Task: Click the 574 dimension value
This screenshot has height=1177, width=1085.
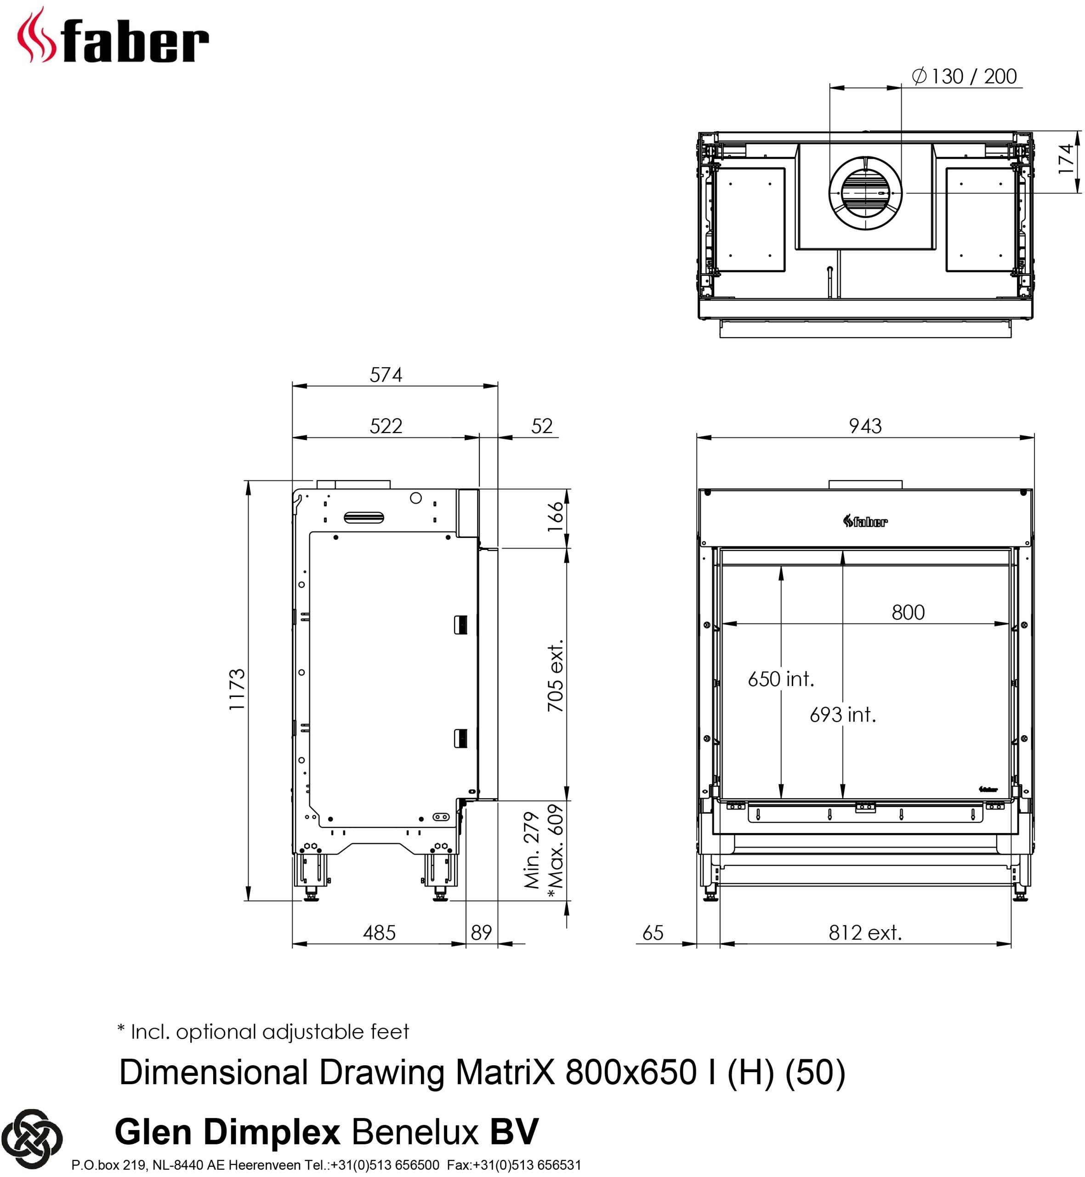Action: click(x=386, y=375)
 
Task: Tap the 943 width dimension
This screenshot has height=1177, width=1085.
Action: click(x=865, y=426)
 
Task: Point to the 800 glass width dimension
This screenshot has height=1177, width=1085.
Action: click(x=908, y=612)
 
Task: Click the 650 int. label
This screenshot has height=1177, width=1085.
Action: click(x=781, y=679)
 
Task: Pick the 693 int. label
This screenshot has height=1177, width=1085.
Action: click(x=842, y=715)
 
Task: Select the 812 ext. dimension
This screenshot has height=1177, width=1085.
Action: click(x=865, y=933)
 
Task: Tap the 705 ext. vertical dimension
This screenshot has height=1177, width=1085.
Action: click(x=555, y=675)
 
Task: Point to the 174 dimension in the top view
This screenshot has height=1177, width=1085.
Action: click(x=1066, y=159)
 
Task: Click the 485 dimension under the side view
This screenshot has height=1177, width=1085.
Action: click(x=379, y=933)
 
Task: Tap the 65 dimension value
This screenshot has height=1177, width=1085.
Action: click(x=653, y=933)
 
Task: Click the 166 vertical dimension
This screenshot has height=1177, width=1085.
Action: click(x=555, y=517)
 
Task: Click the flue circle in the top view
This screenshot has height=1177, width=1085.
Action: click(x=865, y=193)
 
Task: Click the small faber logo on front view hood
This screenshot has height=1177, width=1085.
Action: click(x=865, y=521)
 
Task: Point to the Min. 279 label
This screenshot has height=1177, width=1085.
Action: click(x=531, y=851)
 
